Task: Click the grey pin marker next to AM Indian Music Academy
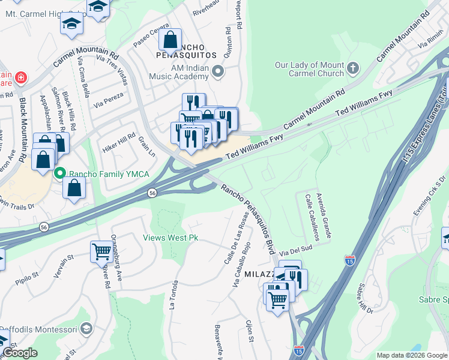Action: [217, 73]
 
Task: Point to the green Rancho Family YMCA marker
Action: [59, 174]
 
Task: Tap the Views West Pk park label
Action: [170, 238]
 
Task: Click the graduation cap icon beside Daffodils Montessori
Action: [87, 329]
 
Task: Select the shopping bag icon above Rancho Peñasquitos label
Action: [170, 40]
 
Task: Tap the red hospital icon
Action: [21, 77]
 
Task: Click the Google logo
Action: [20, 353]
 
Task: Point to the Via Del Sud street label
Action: [295, 247]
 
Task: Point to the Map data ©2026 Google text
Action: [412, 355]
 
